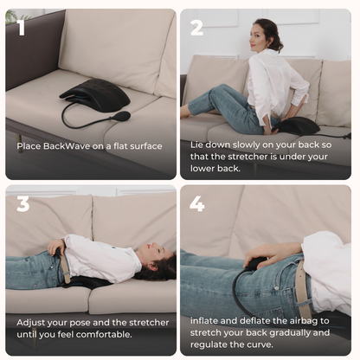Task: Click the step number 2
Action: click(x=197, y=28)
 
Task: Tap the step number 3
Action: click(x=23, y=203)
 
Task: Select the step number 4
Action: click(x=197, y=203)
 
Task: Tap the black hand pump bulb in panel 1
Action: click(x=122, y=116)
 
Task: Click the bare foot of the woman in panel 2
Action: click(x=185, y=112)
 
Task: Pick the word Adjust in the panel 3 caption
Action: click(x=31, y=321)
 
